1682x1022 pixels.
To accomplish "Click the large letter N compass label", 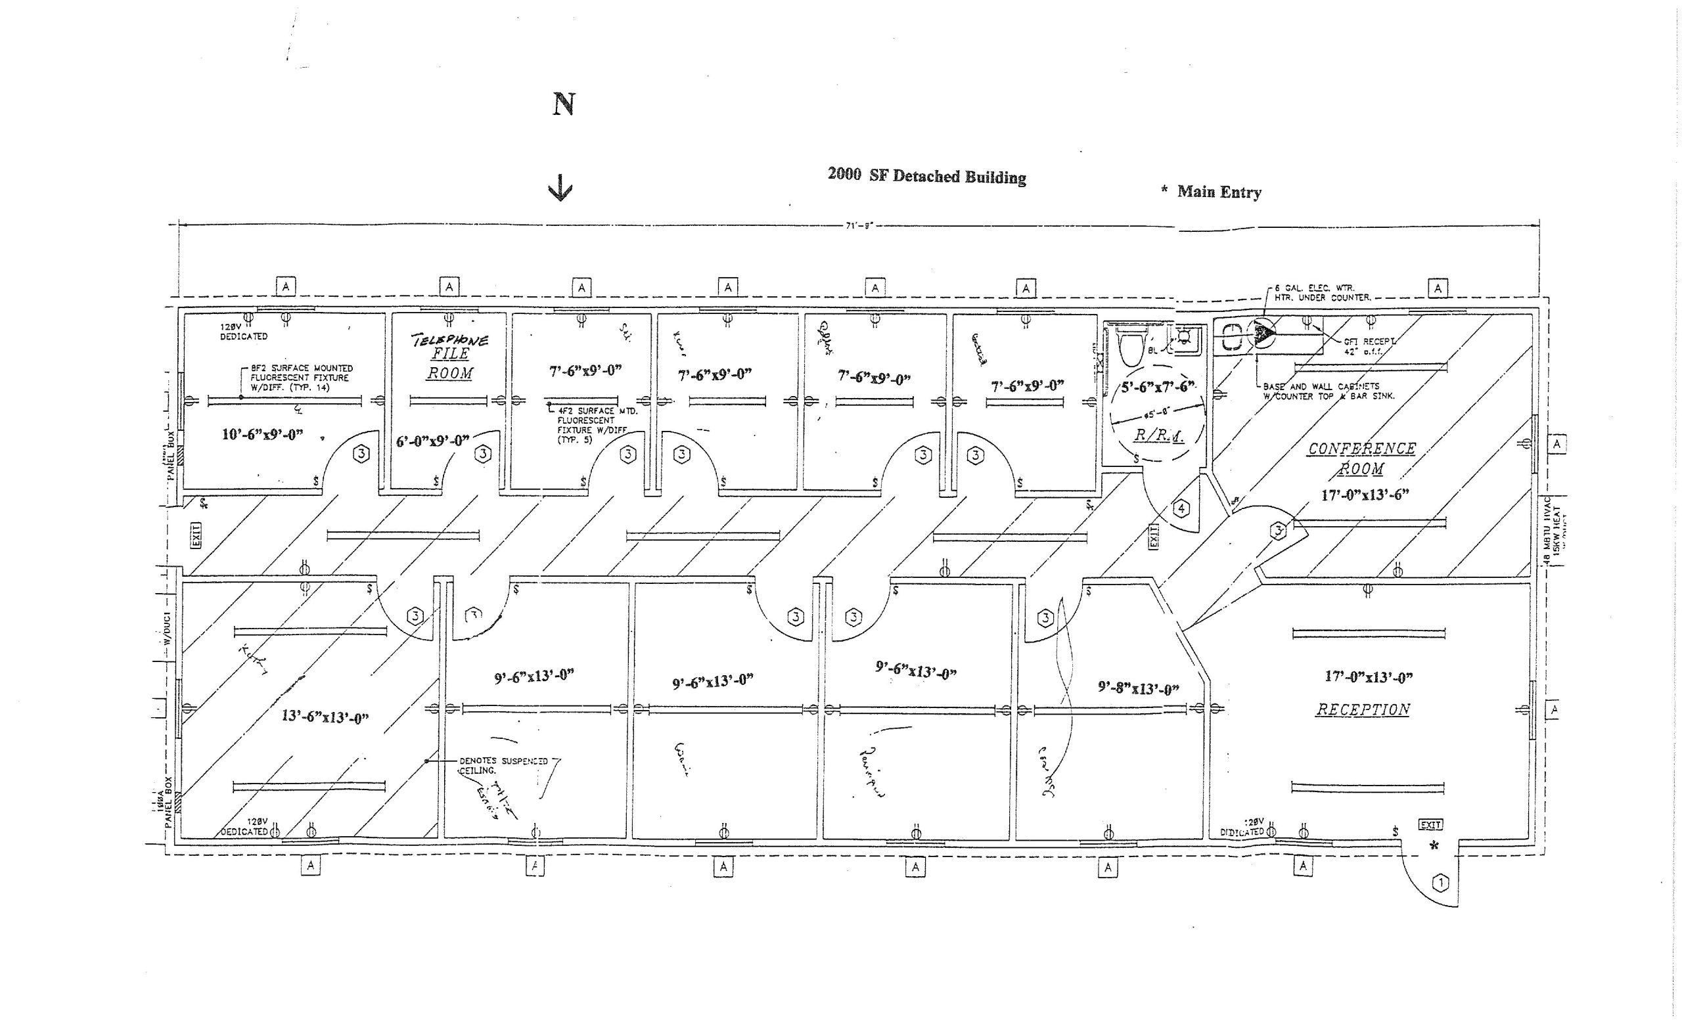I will [563, 104].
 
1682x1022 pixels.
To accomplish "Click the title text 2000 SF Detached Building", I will [926, 176].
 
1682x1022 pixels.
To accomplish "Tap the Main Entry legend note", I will [1212, 192].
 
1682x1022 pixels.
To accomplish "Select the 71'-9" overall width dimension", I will [859, 225].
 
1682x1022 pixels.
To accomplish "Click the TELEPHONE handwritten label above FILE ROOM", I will [450, 339].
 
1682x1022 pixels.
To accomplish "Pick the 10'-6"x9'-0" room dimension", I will [262, 435].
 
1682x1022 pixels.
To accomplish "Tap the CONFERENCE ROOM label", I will [1361, 458].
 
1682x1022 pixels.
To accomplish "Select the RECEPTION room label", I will [1363, 709].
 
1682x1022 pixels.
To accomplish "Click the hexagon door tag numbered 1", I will [1440, 883].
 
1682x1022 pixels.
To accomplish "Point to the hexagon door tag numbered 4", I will [1181, 508].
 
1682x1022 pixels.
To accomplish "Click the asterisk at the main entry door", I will [1434, 846].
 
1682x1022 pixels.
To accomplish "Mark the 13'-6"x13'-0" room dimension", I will [325, 717].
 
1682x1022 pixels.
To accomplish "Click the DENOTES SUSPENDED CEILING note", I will [503, 765].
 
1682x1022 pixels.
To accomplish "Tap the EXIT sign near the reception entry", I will [1431, 825].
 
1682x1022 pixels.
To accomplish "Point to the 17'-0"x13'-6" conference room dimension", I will [1365, 495].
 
